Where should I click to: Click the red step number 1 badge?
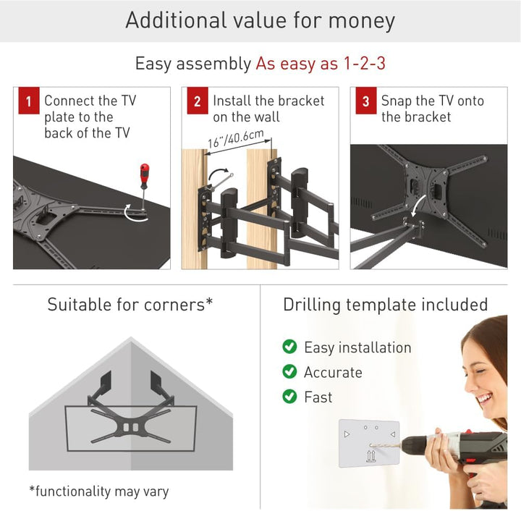[28, 102]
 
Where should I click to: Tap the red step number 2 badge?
[197, 102]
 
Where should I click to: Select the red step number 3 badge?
[365, 102]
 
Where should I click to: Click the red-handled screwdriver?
[144, 181]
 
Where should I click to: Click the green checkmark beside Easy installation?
[289, 347]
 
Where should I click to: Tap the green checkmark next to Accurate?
[289, 372]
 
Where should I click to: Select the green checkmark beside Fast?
[289, 397]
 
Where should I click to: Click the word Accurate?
[333, 373]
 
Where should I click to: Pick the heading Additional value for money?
[260, 20]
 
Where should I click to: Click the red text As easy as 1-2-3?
[320, 63]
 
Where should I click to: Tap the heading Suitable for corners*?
[130, 304]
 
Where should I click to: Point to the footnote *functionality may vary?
[99, 491]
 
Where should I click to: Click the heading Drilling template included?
[385, 305]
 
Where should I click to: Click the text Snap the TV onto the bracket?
[432, 109]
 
